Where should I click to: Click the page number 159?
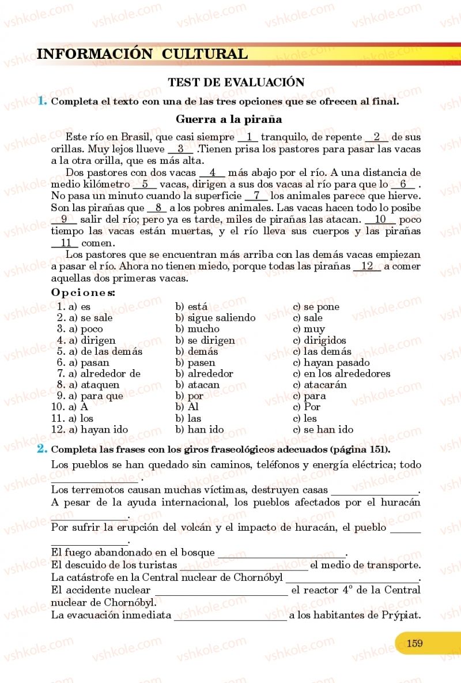(x=414, y=643)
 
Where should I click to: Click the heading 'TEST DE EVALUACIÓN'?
(x=236, y=82)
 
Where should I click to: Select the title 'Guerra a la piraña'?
(x=229, y=120)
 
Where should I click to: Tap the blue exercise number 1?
(x=41, y=101)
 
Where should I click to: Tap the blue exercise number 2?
(x=41, y=449)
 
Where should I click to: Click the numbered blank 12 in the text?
(x=367, y=267)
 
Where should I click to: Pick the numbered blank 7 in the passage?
(x=256, y=196)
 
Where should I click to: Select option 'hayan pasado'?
(x=337, y=363)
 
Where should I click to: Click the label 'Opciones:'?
(x=83, y=292)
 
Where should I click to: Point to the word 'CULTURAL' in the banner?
(x=205, y=54)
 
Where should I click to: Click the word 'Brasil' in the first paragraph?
(x=137, y=137)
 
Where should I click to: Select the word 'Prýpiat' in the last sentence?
(x=401, y=615)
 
